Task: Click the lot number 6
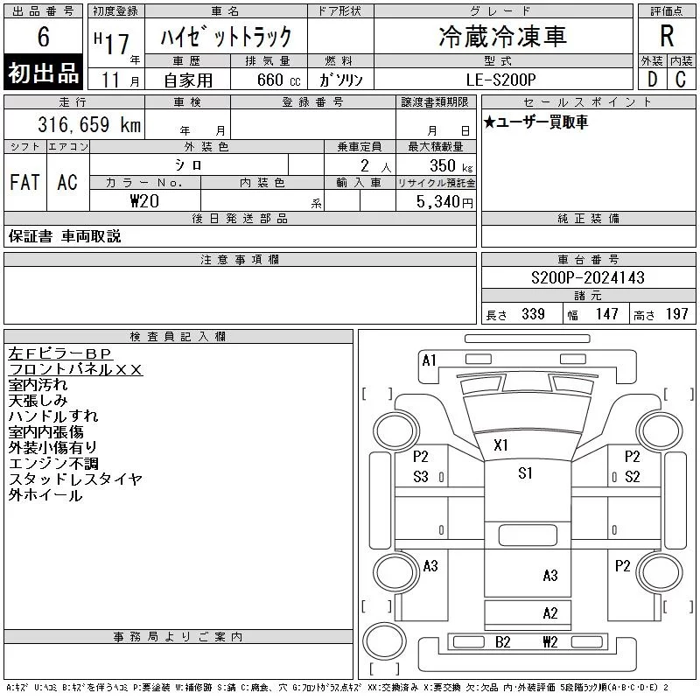click(43, 37)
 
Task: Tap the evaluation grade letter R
click(667, 36)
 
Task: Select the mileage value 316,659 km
click(89, 124)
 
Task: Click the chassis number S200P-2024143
click(588, 277)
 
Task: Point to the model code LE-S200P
click(500, 80)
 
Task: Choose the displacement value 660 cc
click(278, 80)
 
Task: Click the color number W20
click(144, 201)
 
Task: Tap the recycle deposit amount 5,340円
click(444, 202)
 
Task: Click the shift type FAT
click(25, 182)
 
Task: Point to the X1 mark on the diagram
click(500, 445)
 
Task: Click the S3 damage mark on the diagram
click(421, 477)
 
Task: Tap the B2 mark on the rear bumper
click(502, 642)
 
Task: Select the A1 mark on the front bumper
click(429, 360)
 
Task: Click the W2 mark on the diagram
click(550, 642)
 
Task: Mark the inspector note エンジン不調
click(53, 464)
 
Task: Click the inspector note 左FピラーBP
click(59, 353)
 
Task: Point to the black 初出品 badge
click(43, 72)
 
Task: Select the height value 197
click(676, 314)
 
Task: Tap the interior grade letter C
click(681, 80)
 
